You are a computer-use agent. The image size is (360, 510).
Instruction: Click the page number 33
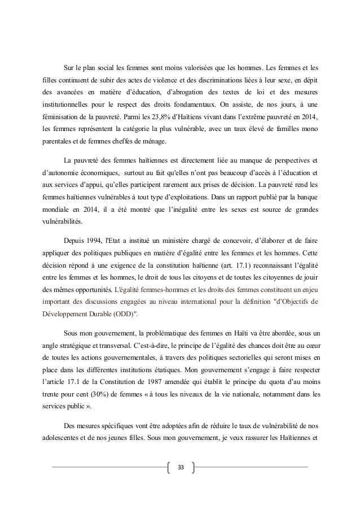point(181,468)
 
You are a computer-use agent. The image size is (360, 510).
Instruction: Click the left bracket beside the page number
point(169,468)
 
